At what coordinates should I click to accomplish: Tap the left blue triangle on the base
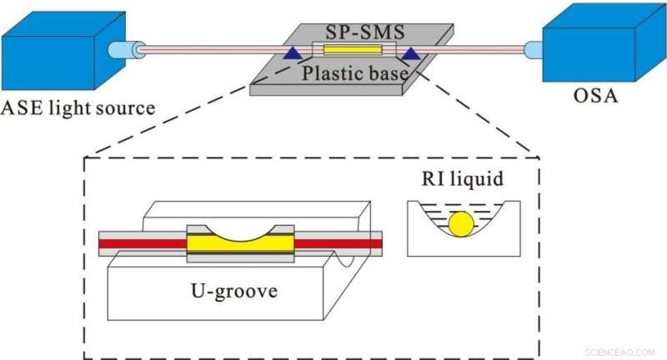tap(292, 54)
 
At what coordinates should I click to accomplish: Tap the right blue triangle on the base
tap(410, 54)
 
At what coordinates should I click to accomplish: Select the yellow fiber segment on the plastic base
tap(351, 51)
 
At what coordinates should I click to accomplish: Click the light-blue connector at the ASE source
tap(126, 51)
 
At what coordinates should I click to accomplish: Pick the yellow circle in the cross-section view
tap(461, 223)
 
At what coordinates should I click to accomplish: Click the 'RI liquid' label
tap(461, 178)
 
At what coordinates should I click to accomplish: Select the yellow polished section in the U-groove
tap(240, 243)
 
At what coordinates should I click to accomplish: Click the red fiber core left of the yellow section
tap(142, 243)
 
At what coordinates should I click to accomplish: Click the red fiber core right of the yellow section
tap(338, 243)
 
